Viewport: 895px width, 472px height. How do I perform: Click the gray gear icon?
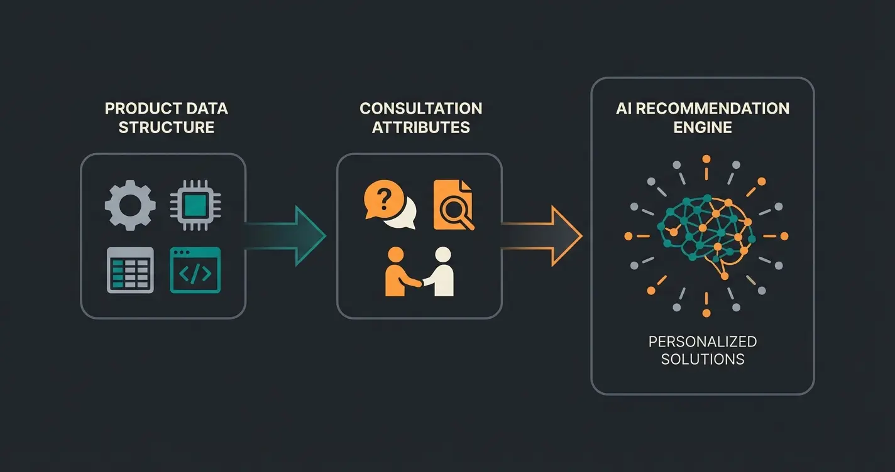[130, 205]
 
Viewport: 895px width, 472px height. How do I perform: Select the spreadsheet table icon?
[130, 270]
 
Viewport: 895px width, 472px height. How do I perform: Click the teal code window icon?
[195, 270]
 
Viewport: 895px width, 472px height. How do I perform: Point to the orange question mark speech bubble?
[383, 200]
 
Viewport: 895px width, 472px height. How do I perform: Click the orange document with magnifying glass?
[453, 205]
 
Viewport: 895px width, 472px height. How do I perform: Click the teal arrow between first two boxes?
[295, 237]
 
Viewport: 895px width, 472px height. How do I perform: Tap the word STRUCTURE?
[166, 127]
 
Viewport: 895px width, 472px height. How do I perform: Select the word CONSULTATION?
[420, 109]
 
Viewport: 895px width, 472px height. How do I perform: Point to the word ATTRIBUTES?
[420, 127]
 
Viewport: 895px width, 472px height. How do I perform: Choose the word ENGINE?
[702, 127]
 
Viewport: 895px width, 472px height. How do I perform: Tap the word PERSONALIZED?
[702, 342]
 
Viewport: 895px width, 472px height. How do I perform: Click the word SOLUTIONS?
[702, 360]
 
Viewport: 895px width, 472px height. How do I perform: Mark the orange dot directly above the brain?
[706, 159]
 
